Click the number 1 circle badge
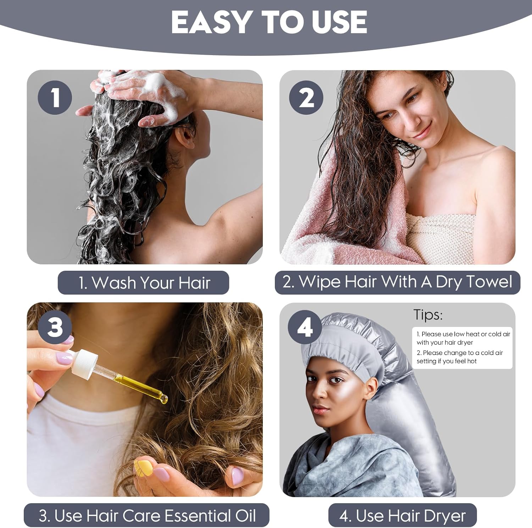pyautogui.click(x=55, y=97)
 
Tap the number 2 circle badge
pyautogui.click(x=306, y=97)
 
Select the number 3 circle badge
pyautogui.click(x=55, y=327)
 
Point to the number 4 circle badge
pyautogui.click(x=305, y=327)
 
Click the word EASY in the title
pyautogui.click(x=212, y=22)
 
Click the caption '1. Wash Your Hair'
pyautogui.click(x=144, y=283)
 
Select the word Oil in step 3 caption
pyautogui.click(x=245, y=516)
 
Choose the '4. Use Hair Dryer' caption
pyautogui.click(x=403, y=516)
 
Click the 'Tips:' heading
pyautogui.click(x=428, y=315)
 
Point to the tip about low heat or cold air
pyautogui.click(x=463, y=338)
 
